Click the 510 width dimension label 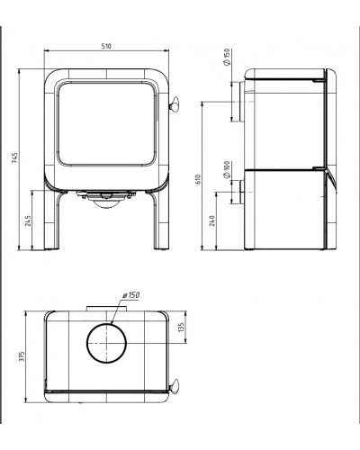tap(106, 46)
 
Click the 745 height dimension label tap(14, 157)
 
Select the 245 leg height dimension tap(28, 220)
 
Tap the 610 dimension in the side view tap(198, 179)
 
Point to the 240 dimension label tap(212, 220)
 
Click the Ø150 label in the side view tap(227, 57)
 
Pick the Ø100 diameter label tap(227, 170)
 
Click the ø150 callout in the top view tap(131, 295)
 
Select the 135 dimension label tap(181, 328)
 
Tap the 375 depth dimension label tap(22, 356)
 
